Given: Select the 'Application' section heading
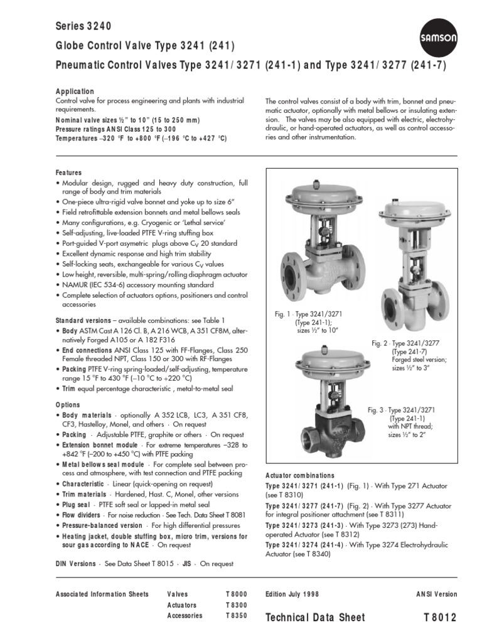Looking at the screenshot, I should pyautogui.click(x=75, y=92).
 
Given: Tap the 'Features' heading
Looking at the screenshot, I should pyautogui.click(x=69, y=172).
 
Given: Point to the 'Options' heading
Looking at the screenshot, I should pyautogui.click(x=68, y=406).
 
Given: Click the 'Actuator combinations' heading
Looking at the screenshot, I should pyautogui.click(x=300, y=476).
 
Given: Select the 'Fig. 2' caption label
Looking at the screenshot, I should pyautogui.click(x=381, y=343).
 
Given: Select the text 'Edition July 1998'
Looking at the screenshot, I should pyautogui.click(x=292, y=594).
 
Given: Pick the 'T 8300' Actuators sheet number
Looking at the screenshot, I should pyautogui.click(x=237, y=605).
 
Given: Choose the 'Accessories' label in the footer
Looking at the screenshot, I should pyautogui.click(x=185, y=616).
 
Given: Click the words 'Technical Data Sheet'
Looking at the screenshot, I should pyautogui.click(x=315, y=618).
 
